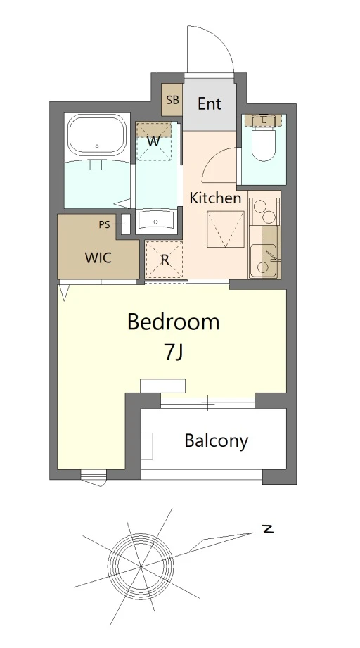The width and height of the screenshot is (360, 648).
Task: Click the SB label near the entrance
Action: click(x=172, y=100)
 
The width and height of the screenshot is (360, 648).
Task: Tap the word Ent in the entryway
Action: click(x=210, y=103)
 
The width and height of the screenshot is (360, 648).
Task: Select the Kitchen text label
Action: click(x=215, y=198)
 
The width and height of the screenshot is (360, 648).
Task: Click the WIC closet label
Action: click(x=98, y=258)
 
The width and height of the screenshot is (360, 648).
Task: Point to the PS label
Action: click(x=105, y=225)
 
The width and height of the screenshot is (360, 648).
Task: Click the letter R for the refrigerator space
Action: click(x=165, y=260)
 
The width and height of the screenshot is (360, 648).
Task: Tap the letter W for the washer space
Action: click(x=153, y=141)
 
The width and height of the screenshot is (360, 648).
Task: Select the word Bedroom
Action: click(x=173, y=322)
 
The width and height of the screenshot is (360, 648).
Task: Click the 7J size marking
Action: click(x=174, y=352)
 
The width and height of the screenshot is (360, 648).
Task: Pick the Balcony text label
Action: click(x=217, y=441)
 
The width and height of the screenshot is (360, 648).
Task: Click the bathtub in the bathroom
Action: click(x=97, y=135)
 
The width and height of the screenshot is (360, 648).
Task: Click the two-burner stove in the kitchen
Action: click(x=264, y=211)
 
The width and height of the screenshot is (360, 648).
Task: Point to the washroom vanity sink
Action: click(x=156, y=220)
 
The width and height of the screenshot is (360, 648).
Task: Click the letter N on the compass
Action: click(x=268, y=529)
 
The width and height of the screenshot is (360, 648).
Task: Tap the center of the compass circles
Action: click(x=141, y=566)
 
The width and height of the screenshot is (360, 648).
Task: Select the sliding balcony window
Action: click(x=207, y=402)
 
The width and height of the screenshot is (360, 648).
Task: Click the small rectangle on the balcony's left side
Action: click(x=148, y=446)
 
